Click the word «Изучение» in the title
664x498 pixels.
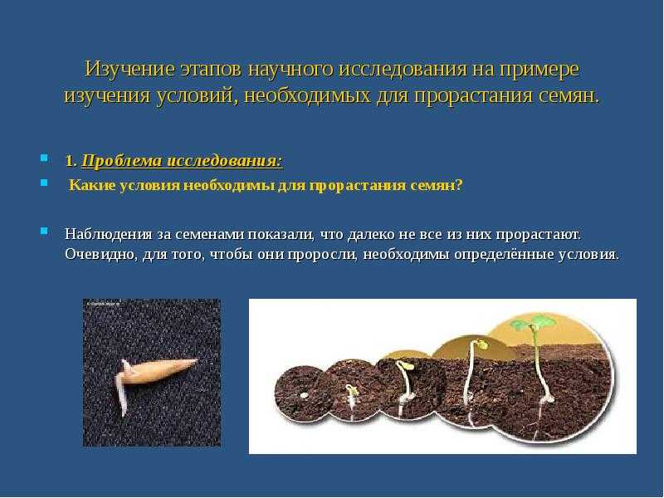[x=129, y=69]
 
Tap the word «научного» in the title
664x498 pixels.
[x=290, y=69]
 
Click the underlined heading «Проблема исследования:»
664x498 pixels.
[x=182, y=161]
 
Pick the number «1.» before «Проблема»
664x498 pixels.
[x=71, y=161]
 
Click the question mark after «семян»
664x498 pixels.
[x=459, y=185]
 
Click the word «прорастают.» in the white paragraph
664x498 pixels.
[x=539, y=235]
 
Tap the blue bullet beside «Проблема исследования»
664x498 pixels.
[x=44, y=159]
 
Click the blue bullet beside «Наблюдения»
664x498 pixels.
[x=44, y=232]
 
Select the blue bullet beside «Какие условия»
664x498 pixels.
[x=44, y=183]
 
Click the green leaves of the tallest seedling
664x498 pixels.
[x=533, y=323]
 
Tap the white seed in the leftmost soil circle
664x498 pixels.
[x=303, y=396]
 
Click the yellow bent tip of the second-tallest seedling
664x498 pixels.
[x=481, y=344]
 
